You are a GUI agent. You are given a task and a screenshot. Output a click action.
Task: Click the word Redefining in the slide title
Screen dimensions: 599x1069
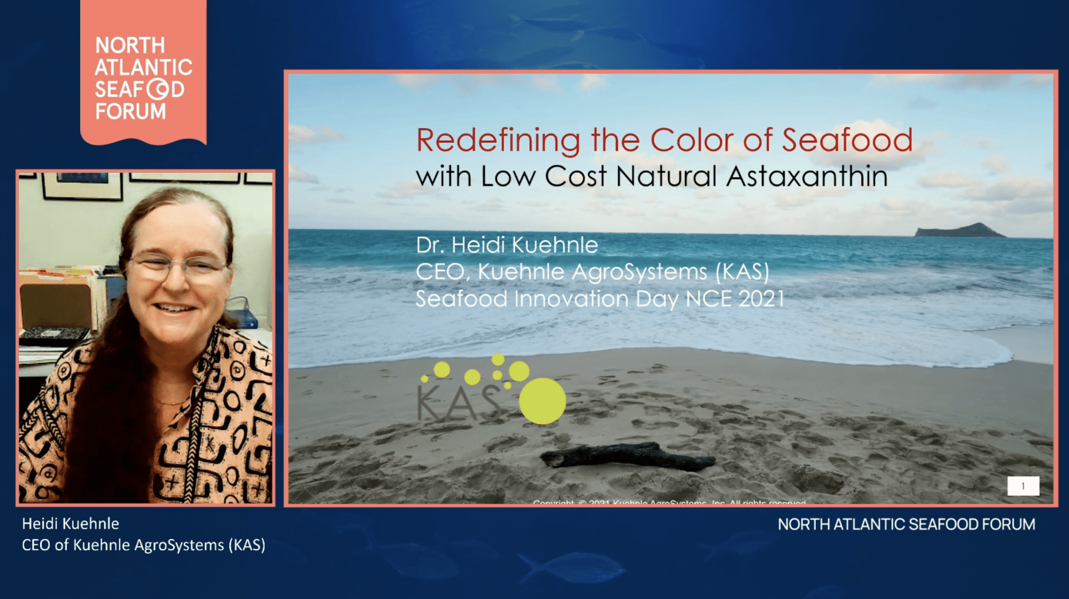498,141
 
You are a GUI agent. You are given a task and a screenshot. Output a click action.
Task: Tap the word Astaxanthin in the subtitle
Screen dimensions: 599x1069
807,177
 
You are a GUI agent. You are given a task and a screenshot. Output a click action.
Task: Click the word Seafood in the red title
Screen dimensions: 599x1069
847,140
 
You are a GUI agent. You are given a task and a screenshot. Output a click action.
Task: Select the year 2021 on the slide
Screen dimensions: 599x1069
762,298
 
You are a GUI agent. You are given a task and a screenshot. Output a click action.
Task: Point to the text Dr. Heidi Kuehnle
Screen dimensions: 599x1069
506,245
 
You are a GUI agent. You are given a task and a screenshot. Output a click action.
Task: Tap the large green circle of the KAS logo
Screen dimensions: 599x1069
542,401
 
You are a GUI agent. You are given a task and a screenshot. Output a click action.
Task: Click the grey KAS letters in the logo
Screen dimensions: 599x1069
458,404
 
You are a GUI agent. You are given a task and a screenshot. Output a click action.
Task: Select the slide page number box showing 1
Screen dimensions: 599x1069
1023,486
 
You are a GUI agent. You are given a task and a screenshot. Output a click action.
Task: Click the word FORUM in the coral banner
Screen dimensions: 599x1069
130,112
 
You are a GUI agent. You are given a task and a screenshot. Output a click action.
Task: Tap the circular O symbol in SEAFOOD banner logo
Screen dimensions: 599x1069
158,89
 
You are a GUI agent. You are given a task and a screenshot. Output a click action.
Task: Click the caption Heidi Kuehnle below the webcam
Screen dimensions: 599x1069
70,524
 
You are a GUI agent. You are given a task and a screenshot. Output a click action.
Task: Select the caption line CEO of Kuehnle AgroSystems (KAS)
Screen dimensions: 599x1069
144,545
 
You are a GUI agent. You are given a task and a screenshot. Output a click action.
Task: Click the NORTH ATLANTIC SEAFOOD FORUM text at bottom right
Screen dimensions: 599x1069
906,524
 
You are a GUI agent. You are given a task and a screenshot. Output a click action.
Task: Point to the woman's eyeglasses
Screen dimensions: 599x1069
177,267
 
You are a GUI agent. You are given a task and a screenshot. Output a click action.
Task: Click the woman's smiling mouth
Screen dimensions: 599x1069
175,309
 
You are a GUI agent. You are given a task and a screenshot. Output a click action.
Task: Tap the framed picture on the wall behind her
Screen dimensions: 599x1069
82,185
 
